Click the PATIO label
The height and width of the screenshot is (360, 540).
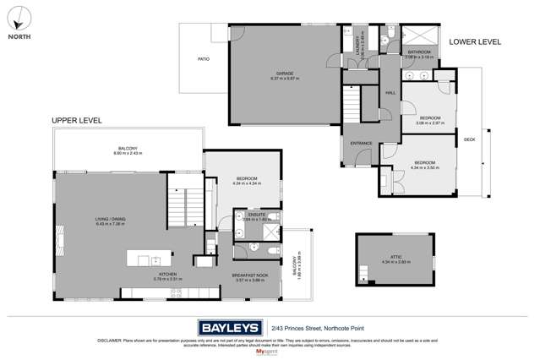tap(204, 59)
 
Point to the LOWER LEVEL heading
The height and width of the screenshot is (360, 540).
tap(475, 41)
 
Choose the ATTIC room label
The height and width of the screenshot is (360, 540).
tap(388, 259)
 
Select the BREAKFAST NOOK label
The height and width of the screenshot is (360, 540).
tap(250, 275)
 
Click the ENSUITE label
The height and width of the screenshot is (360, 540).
tap(257, 215)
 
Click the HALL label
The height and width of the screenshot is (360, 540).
tap(390, 93)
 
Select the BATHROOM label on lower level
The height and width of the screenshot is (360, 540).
tap(419, 52)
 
